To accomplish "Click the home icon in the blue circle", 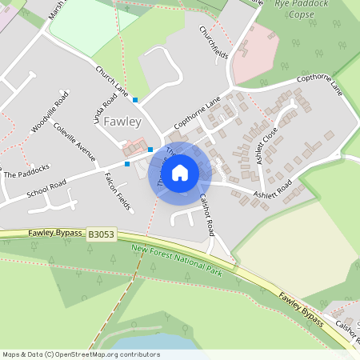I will [180, 172].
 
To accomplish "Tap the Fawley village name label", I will [122, 122].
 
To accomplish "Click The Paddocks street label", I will [26, 170].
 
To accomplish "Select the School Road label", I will [46, 192].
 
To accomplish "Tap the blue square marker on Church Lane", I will [135, 100].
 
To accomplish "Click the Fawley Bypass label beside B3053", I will [55, 233].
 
